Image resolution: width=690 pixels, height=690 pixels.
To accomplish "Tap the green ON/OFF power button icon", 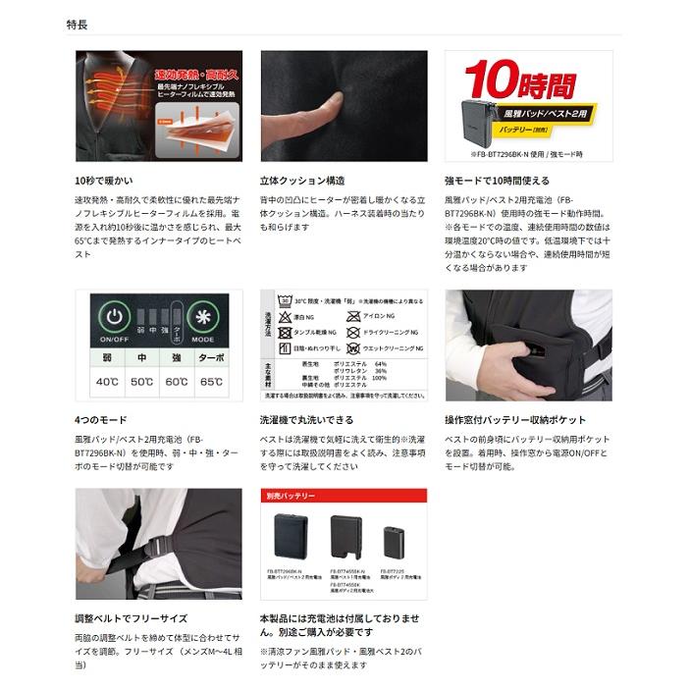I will coord(115,317).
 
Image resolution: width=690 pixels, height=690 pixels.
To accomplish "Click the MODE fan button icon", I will coord(203,317).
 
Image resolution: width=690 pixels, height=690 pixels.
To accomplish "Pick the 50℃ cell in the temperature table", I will coord(143,381).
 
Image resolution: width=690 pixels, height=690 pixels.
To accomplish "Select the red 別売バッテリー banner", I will coord(344,496).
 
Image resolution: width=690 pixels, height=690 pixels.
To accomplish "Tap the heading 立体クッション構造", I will coord(301,181).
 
